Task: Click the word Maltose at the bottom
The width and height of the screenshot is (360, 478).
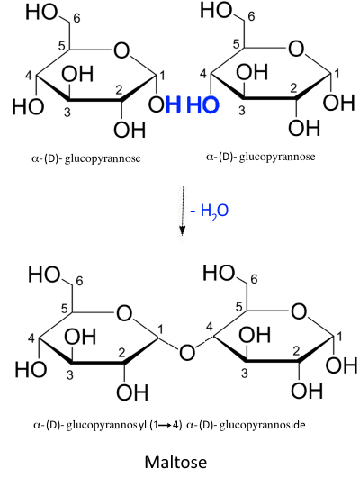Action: (175, 462)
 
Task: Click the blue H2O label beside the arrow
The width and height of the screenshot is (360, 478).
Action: (210, 212)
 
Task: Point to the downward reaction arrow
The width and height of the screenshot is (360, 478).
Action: (183, 211)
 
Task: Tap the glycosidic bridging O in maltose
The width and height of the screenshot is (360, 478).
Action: (187, 352)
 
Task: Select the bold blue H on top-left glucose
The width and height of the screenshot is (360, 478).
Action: (174, 104)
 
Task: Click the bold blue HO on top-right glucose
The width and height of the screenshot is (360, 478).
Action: (202, 104)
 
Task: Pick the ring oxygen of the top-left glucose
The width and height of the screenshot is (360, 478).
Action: (121, 50)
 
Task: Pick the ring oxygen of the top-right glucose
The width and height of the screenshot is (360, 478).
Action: (296, 49)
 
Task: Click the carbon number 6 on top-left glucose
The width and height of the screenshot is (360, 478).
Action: (76, 18)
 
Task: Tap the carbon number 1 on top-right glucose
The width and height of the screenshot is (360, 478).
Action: (337, 74)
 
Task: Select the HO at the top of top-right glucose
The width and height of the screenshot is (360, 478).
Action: (216, 10)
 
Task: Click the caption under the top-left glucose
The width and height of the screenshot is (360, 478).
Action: (86, 158)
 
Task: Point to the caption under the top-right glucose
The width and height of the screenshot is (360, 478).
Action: (261, 157)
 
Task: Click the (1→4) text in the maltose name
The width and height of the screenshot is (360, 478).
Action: (166, 425)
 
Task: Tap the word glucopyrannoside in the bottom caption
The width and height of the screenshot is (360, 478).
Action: (262, 425)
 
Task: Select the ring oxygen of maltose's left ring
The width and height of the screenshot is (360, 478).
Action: (124, 313)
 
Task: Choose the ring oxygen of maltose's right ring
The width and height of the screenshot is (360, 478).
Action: (299, 311)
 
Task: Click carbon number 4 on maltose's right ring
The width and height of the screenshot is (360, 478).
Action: (209, 327)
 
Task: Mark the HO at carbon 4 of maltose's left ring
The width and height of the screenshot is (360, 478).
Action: (31, 369)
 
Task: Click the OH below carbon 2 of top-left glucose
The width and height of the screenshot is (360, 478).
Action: (130, 130)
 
